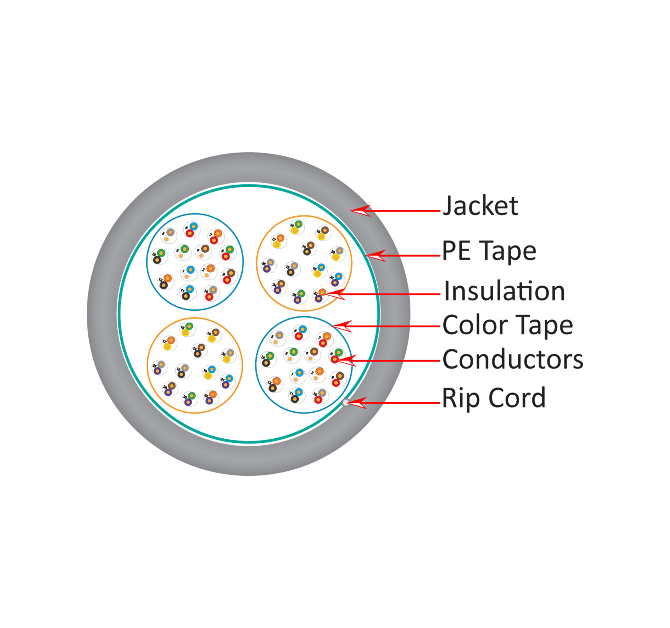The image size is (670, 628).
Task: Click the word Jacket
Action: pyautogui.click(x=480, y=206)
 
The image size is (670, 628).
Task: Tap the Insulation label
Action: pyautogui.click(x=504, y=291)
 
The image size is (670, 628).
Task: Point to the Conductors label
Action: pyautogui.click(x=512, y=360)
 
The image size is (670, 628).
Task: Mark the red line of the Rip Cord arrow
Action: pyautogui.click(x=404, y=403)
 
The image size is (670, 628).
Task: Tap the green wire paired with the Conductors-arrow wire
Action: pyautogui.click(x=339, y=353)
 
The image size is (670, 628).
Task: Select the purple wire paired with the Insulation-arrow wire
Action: pyautogui.click(x=319, y=299)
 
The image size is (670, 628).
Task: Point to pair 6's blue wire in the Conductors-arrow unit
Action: pyautogui.click(x=302, y=329)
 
